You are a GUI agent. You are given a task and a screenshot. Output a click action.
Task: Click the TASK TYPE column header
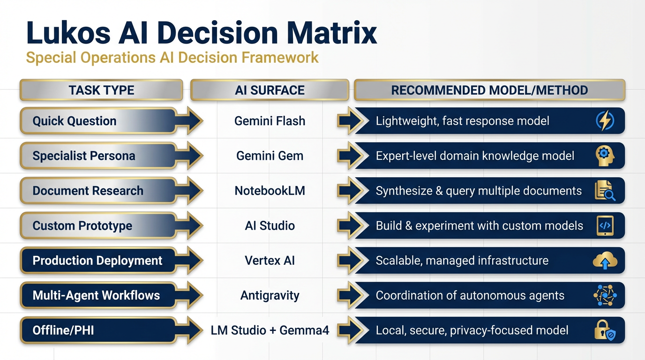(x=101, y=90)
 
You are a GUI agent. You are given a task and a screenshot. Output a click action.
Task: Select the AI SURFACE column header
(x=270, y=90)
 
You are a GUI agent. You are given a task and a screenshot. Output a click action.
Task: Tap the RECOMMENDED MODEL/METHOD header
(x=489, y=90)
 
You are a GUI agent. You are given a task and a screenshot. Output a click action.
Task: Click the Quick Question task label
(x=75, y=121)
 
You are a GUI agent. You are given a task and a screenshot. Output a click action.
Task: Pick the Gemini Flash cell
(x=270, y=121)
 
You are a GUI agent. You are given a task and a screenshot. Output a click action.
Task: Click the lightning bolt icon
(x=605, y=121)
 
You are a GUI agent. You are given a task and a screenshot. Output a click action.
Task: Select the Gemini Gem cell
(x=270, y=156)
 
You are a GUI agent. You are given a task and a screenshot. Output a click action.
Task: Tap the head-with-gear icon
(x=605, y=156)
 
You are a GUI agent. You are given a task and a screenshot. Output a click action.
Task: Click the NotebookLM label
(x=270, y=191)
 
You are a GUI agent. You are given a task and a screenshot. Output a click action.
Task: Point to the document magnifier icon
(x=605, y=191)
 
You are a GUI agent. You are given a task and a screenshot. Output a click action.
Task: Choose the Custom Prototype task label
(x=82, y=225)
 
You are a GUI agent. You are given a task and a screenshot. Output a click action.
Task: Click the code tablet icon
(x=605, y=225)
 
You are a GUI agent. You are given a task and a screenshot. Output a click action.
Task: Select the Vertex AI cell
(x=270, y=261)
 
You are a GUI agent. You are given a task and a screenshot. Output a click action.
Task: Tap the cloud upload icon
(x=605, y=261)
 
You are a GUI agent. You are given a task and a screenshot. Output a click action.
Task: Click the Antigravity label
(x=270, y=295)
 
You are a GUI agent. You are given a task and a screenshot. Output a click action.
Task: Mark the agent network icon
(x=605, y=295)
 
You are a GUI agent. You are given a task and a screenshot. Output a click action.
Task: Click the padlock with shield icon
(x=605, y=330)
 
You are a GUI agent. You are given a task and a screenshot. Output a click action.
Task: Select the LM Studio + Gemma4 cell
(x=270, y=330)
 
